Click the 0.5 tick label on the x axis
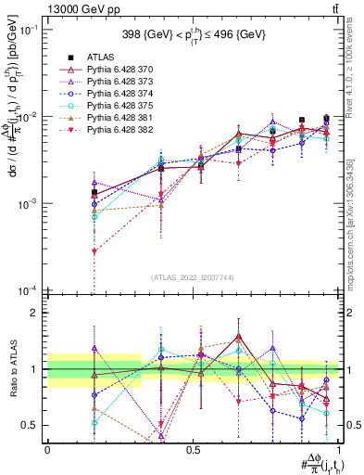click(193, 448)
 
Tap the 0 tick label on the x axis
click(47, 448)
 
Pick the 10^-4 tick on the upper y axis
click(27, 290)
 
